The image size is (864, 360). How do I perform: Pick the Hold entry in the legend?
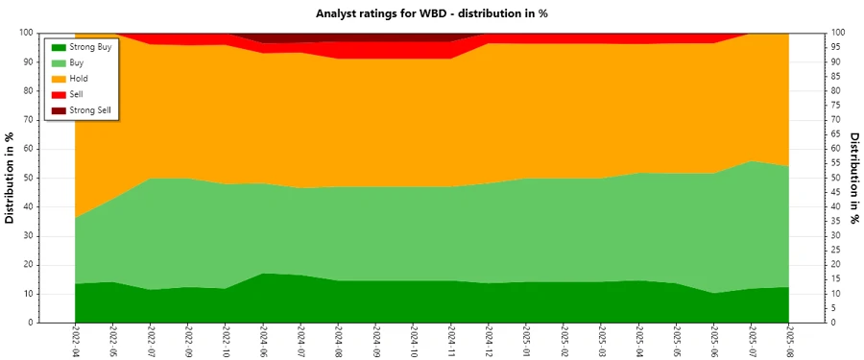pyautogui.click(x=79, y=78)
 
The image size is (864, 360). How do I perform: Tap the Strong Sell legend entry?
pyautogui.click(x=90, y=110)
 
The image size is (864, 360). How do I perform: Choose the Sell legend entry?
pyautogui.click(x=77, y=94)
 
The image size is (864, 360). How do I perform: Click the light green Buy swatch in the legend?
pyautogui.click(x=57, y=62)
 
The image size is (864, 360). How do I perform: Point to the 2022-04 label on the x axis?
pyautogui.click(x=75, y=341)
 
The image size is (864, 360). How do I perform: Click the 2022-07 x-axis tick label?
pyautogui.click(x=150, y=341)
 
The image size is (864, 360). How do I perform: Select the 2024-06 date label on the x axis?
pyautogui.click(x=263, y=341)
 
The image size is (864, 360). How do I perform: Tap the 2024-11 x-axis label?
pyautogui.click(x=451, y=341)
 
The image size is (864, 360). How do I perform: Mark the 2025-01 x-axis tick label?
pyautogui.click(x=526, y=341)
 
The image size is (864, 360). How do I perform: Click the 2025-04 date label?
pyautogui.click(x=638, y=341)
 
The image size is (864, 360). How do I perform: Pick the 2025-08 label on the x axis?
pyautogui.click(x=789, y=341)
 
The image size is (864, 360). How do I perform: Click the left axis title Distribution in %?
pyautogui.click(x=11, y=178)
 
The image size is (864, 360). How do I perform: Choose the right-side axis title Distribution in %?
pyautogui.click(x=854, y=178)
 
